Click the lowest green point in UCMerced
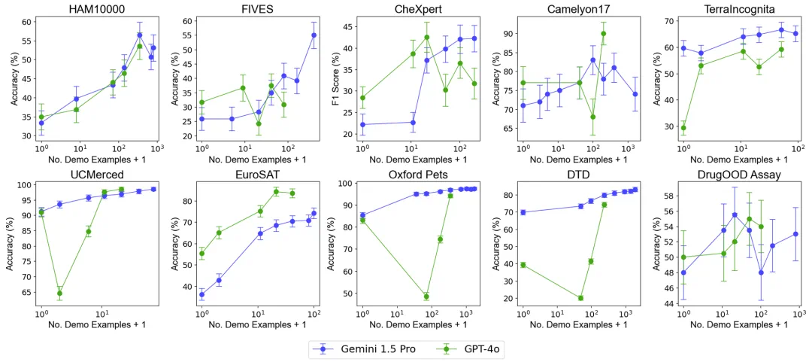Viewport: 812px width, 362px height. pyautogui.click(x=59, y=293)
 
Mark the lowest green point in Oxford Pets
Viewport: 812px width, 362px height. pyautogui.click(x=426, y=296)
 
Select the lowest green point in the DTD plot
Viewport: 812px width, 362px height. pyautogui.click(x=580, y=297)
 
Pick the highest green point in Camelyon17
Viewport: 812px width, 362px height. pyautogui.click(x=603, y=33)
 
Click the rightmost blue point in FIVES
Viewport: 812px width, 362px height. pyautogui.click(x=314, y=35)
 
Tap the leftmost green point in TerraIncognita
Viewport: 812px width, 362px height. pyautogui.click(x=683, y=127)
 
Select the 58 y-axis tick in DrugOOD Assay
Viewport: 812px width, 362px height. pyautogui.click(x=670, y=195)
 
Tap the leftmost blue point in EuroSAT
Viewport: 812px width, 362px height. pyautogui.click(x=201, y=294)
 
